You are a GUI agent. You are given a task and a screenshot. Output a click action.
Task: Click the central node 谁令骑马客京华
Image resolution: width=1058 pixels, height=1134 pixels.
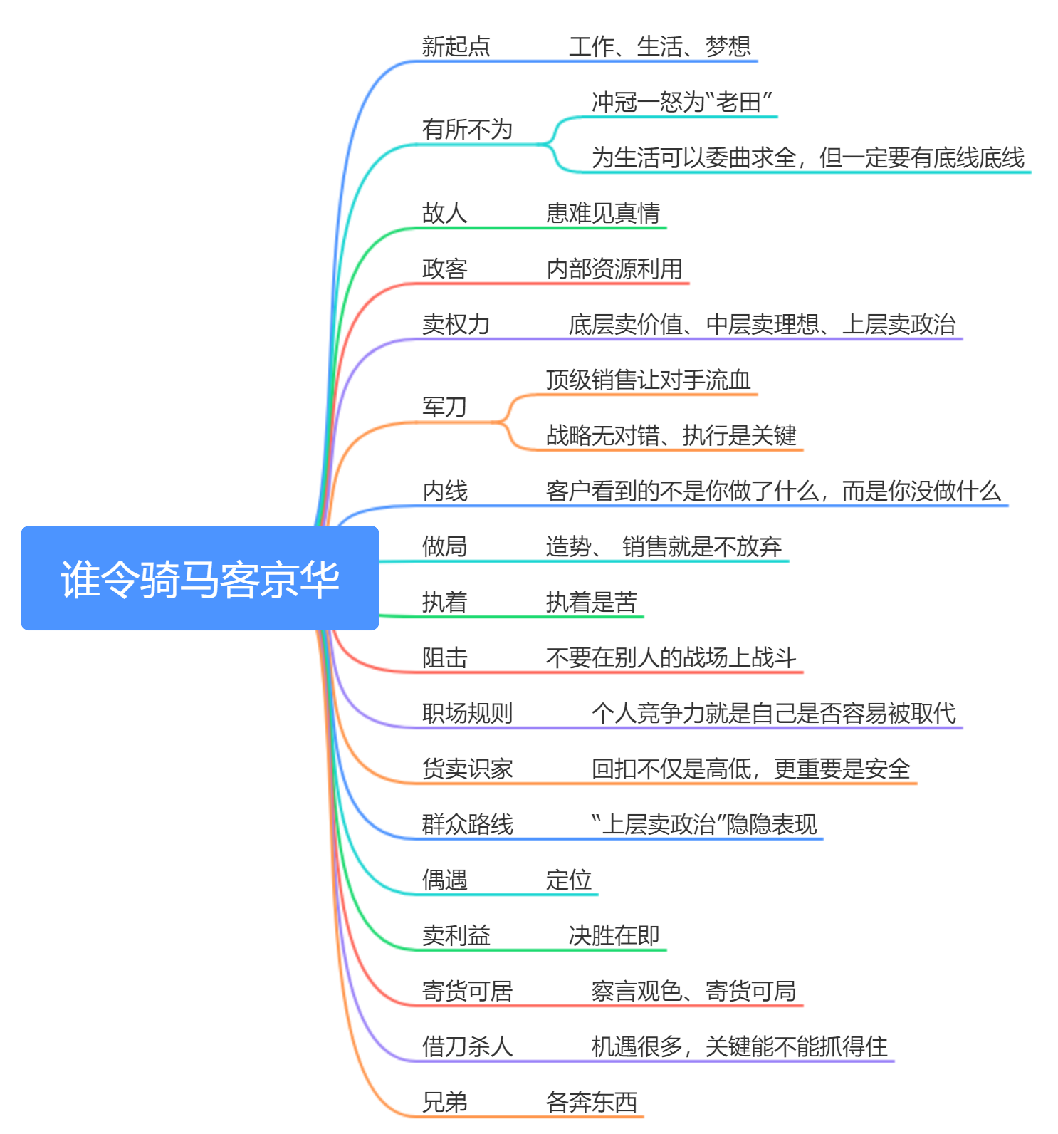(x=199, y=578)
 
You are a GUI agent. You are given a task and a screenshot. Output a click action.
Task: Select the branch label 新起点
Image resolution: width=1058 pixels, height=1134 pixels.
(x=456, y=46)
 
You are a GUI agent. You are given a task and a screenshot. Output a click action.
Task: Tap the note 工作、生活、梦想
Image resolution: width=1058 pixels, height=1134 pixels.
(x=659, y=46)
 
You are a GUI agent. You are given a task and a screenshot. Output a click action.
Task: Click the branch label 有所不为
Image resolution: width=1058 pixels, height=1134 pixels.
(x=467, y=129)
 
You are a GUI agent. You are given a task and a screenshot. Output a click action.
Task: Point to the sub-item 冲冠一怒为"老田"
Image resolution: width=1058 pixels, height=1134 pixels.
(x=681, y=102)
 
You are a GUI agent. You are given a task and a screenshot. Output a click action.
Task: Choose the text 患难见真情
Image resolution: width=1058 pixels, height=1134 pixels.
(x=602, y=213)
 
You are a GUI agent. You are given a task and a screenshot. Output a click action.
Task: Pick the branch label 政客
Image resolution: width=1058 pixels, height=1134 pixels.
(x=444, y=269)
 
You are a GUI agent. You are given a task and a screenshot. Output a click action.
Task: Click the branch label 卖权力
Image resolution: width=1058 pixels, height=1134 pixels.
(x=456, y=324)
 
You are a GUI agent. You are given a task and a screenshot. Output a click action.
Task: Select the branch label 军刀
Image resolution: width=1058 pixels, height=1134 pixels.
(x=444, y=407)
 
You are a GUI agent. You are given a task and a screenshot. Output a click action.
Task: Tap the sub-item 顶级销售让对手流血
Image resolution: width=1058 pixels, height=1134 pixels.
(x=648, y=380)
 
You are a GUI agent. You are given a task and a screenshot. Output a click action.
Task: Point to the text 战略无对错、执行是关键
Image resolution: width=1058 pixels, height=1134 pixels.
(x=671, y=435)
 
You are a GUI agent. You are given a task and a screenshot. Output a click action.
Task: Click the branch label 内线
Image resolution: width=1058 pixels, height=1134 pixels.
(x=444, y=491)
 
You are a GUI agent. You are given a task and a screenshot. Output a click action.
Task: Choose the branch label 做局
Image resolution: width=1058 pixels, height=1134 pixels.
(x=444, y=546)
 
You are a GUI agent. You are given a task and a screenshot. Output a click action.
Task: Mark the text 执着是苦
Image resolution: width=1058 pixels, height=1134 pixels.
(x=591, y=602)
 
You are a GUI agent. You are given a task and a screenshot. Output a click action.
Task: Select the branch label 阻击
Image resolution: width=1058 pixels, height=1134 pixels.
(x=444, y=657)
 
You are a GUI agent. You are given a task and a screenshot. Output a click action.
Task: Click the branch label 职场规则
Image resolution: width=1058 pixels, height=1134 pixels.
(x=467, y=713)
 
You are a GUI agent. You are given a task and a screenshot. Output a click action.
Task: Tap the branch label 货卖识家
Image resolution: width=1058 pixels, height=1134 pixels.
(x=467, y=769)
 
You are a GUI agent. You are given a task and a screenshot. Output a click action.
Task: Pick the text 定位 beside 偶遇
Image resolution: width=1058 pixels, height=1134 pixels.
(x=568, y=880)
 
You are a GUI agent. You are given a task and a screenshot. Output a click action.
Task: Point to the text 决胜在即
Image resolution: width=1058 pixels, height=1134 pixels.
(x=614, y=935)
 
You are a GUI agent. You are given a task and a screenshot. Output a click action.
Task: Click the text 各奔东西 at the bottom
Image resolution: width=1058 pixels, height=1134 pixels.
(x=591, y=1102)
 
